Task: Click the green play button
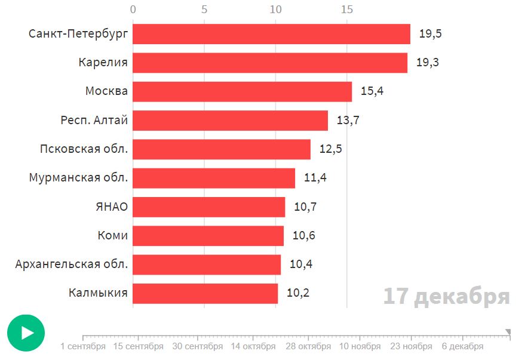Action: pos(26,333)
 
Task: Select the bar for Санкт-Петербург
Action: pos(271,34)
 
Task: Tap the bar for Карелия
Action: pos(269,63)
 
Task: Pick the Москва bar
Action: pos(242,91)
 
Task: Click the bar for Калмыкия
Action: pos(205,293)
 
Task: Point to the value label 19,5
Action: pos(430,34)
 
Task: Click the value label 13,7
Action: pos(348,121)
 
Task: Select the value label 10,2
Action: pos(298,293)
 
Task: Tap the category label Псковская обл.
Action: pos(84,149)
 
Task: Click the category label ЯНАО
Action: pos(112,207)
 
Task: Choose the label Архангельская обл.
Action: pos(72,264)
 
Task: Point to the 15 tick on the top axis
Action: pos(347,10)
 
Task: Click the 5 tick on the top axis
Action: pos(204,10)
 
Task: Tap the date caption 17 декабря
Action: pos(446,296)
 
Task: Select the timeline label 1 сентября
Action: pos(83,346)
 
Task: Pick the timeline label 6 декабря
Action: pos(463,346)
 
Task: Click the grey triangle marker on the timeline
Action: pos(508,332)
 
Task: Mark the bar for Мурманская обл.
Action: pos(214,178)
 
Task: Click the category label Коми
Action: pos(113,235)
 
